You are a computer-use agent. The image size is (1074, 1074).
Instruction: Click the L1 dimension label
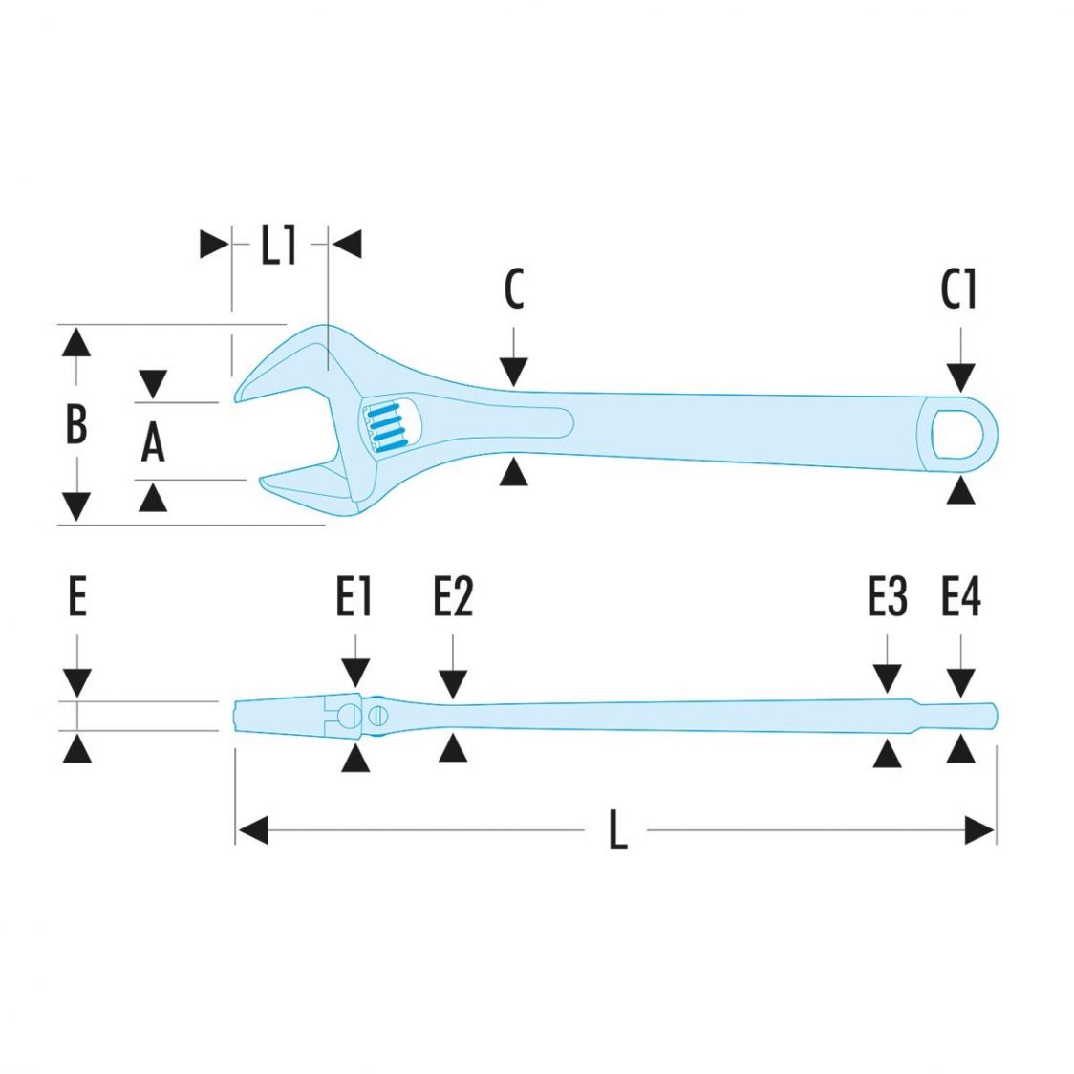point(279,247)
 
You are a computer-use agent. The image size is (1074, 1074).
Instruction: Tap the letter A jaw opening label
point(153,442)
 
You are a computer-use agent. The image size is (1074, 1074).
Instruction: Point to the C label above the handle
point(514,290)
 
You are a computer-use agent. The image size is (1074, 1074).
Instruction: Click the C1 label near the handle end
point(958,290)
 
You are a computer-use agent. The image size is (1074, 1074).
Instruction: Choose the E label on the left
point(77,598)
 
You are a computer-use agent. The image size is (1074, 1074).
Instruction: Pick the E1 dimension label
point(354,598)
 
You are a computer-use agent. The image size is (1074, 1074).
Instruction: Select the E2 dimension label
point(453,598)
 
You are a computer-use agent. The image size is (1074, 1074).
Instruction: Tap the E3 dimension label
point(887,598)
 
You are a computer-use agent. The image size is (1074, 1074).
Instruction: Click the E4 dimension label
point(960,598)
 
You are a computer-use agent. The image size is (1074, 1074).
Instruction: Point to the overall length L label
point(618,830)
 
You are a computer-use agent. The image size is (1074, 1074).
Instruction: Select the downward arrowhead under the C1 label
point(960,377)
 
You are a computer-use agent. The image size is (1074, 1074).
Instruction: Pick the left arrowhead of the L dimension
point(252,830)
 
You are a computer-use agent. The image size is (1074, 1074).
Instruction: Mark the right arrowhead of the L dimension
point(980,830)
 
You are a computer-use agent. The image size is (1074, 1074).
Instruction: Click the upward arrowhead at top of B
point(76,341)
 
